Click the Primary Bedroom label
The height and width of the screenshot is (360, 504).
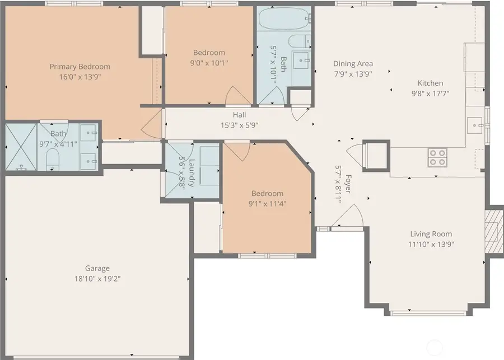click(80, 66)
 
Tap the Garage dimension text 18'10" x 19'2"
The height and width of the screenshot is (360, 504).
click(97, 278)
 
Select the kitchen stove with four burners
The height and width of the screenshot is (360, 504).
click(437, 157)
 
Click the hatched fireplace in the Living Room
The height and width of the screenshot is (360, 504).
click(492, 231)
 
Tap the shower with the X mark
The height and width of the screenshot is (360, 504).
click(21, 147)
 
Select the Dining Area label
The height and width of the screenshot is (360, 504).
click(353, 64)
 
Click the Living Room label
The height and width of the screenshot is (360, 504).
click(431, 234)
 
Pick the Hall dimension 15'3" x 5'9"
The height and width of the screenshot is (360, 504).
click(239, 125)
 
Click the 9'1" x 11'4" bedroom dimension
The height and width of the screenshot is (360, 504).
click(267, 204)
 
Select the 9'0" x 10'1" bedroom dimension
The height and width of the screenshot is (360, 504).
click(209, 63)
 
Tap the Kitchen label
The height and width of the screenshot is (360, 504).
click(430, 83)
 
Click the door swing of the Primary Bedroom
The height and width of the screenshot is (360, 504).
click(151, 128)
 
